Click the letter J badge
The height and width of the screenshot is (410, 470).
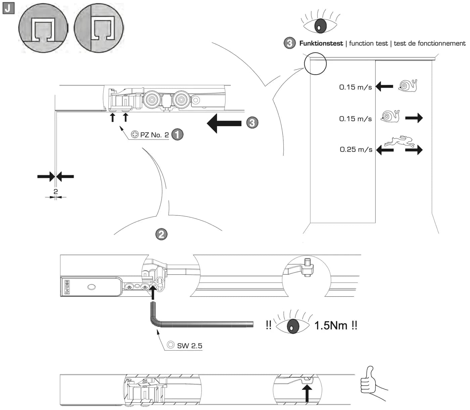pos(8,8)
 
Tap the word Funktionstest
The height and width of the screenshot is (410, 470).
pos(321,43)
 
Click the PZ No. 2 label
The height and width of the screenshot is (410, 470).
pos(154,135)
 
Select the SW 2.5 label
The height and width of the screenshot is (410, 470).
pos(190,346)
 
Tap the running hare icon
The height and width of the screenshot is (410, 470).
pos(399,141)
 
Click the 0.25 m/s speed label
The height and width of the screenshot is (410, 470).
pos(356,149)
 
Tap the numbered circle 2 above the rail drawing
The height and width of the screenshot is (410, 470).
pos(161,235)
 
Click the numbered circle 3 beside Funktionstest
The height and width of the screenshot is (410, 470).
pos(289,43)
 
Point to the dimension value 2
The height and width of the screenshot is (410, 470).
pos(56,192)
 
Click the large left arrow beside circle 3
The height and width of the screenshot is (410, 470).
pos(224,123)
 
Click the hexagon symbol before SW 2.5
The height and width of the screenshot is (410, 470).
pos(171,345)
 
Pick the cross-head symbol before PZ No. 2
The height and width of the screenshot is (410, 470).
pos(135,134)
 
